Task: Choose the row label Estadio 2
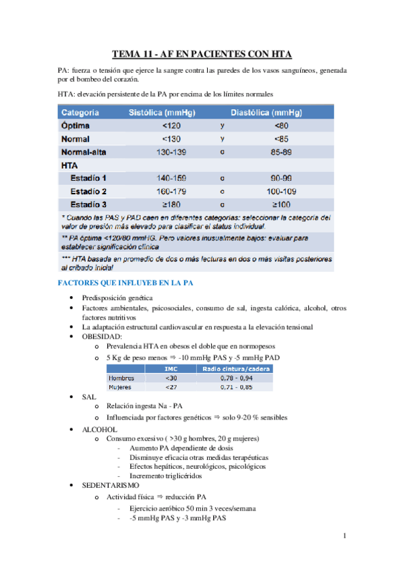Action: [x=92, y=192]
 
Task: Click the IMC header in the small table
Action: [x=171, y=368]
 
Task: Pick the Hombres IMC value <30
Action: [x=171, y=378]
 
